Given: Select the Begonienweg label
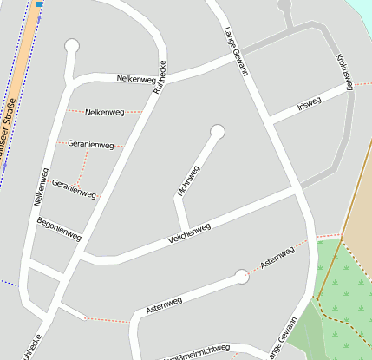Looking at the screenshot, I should (59, 229).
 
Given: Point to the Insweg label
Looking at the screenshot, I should (309, 102).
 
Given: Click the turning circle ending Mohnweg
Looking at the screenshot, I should (217, 132).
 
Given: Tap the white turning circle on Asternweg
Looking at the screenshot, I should (241, 277).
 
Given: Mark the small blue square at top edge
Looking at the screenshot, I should (40, 4).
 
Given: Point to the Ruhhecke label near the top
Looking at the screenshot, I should (160, 76).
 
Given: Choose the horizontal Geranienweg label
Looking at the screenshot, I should (90, 144).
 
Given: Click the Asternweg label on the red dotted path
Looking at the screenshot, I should (277, 258).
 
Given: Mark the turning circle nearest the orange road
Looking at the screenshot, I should (71, 46).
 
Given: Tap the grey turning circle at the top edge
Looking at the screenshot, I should (284, 4).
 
